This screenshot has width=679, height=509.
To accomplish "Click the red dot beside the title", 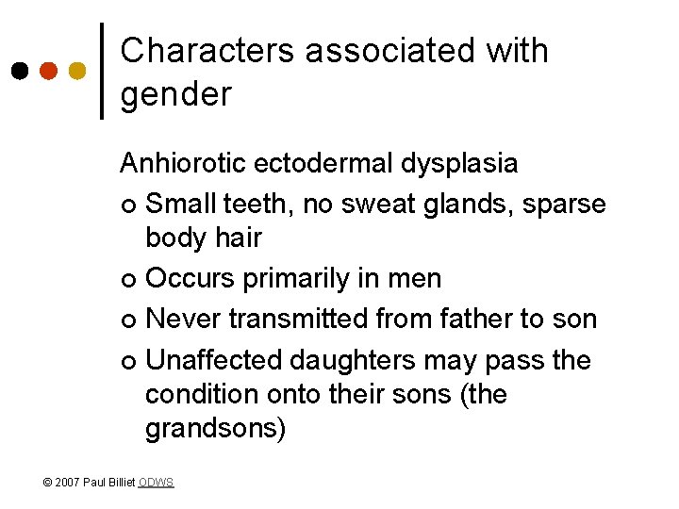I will tap(48, 72).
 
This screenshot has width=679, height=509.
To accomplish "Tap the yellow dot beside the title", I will tap(77, 72).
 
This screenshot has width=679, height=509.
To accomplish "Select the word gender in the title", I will tap(175, 94).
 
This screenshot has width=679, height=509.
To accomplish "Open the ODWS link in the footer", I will tap(156, 483).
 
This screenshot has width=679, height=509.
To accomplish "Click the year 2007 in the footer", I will tap(68, 483).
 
